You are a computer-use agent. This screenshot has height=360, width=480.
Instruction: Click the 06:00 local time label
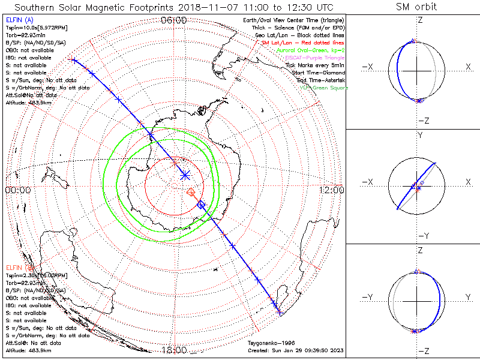tap(174, 20)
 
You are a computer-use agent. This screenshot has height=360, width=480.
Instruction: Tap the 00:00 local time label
tap(18, 190)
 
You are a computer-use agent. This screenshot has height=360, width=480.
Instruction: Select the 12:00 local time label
tap(332, 190)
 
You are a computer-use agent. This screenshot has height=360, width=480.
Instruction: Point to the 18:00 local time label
tap(174, 350)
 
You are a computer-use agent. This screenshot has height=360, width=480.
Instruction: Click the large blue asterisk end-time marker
tap(185, 175)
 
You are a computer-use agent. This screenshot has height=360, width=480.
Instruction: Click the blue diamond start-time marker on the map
tap(201, 205)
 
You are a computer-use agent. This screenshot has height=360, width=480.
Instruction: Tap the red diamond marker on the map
tap(191, 192)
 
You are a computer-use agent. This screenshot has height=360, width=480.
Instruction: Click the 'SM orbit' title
tap(416, 7)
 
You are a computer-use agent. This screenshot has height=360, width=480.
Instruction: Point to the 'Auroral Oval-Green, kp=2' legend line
tap(311, 50)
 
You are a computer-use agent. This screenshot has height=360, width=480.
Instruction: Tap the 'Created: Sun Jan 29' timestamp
tap(295, 350)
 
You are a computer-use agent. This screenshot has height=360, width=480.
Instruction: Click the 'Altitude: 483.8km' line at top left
tap(29, 103)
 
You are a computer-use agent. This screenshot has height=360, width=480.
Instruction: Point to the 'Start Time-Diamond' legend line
tap(321, 73)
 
